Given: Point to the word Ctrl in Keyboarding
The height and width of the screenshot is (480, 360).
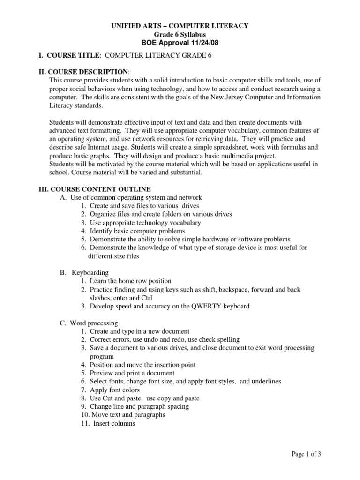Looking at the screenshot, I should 146,298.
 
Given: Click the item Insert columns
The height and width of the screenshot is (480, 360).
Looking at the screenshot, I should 114,423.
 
